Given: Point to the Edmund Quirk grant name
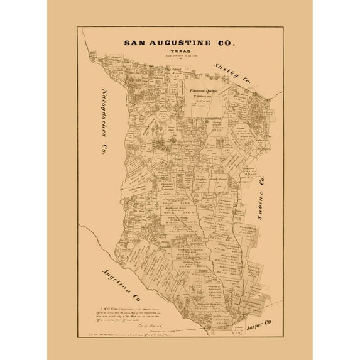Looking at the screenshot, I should [x=202, y=90].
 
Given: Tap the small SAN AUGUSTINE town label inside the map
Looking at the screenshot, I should [x=212, y=118].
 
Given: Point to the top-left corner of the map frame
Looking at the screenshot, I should [x=78, y=27].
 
